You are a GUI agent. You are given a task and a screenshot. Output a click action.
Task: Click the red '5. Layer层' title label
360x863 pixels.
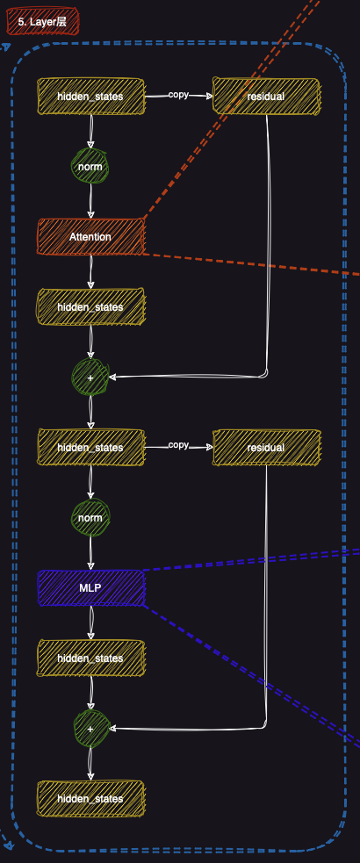tap(42, 21)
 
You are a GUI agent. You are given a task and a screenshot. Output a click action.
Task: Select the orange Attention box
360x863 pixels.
tap(90, 236)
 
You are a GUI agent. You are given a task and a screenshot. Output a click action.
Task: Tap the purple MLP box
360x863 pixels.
tap(90, 587)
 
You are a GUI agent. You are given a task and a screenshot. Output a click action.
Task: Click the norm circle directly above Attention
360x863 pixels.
tap(90, 166)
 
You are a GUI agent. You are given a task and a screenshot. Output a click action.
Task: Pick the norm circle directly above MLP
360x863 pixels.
tap(90, 517)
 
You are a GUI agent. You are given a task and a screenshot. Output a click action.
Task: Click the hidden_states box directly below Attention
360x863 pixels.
tap(90, 306)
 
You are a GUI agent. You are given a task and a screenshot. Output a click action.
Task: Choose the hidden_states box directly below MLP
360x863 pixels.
tap(90, 658)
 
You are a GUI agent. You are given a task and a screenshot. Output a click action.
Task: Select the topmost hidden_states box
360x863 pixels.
tap(90, 96)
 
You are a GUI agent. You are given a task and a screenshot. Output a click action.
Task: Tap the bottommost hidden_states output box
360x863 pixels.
tap(90, 798)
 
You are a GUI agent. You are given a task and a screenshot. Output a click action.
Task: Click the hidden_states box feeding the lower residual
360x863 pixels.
tap(90, 447)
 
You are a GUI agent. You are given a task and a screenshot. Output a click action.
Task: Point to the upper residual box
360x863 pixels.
tap(266, 96)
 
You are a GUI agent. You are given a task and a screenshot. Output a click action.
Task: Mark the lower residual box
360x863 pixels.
tap(266, 447)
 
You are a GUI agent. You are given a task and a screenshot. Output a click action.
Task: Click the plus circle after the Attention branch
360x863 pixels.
tap(90, 377)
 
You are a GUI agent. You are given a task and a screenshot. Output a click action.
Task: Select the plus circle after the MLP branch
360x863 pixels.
tap(90, 728)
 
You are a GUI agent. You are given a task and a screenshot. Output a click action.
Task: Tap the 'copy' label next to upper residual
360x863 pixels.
tap(178, 94)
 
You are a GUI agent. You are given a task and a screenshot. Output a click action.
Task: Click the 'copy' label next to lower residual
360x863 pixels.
tap(178, 445)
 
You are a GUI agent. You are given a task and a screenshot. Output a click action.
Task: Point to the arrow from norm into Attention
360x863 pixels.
tap(90, 202)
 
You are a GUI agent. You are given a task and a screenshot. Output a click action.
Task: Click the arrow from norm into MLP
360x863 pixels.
tap(90, 553)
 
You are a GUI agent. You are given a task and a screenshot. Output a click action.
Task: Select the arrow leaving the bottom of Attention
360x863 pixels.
tap(90, 271)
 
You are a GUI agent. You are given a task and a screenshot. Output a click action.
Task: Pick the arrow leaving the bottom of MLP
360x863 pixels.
tap(90, 622)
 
